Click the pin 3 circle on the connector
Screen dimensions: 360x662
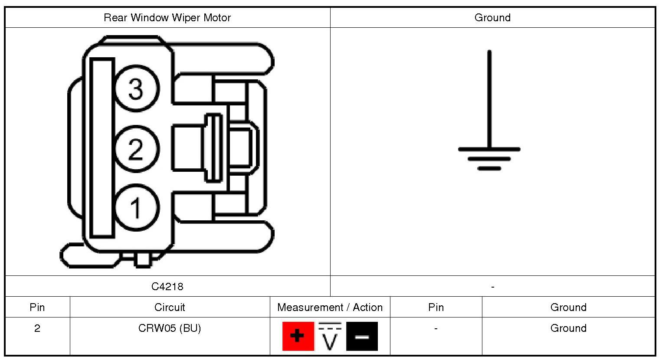tap(136, 89)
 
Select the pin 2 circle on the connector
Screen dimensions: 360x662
tap(136, 149)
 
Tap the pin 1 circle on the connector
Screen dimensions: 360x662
tap(136, 207)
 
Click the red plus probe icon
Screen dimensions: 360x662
tap(298, 336)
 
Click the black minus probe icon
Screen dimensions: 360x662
tap(362, 336)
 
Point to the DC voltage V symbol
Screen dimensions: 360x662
tap(330, 337)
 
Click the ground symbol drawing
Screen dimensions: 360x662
tap(489, 130)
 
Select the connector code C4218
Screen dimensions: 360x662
tap(167, 286)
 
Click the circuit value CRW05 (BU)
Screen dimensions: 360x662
tap(170, 328)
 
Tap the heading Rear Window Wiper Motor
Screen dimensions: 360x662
tap(167, 18)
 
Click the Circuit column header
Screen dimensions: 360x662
tap(170, 307)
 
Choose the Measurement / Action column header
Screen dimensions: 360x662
tap(330, 307)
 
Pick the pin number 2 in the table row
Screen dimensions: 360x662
tap(37, 328)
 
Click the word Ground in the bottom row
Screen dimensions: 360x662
tap(568, 328)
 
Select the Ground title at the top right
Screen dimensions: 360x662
tap(492, 18)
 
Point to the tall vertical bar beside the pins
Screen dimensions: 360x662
tap(102, 148)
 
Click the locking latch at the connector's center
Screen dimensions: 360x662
tap(213, 147)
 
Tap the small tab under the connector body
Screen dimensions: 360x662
tap(142, 260)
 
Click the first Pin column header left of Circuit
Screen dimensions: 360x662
tap(37, 307)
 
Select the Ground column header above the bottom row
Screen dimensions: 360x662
tap(568, 307)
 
